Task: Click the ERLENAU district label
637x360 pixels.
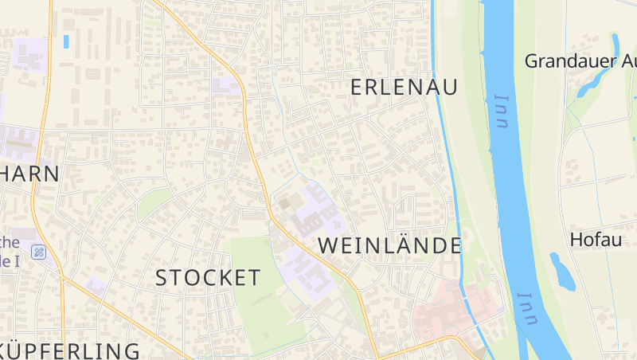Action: [404, 88]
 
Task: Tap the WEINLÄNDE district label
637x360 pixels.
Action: [390, 246]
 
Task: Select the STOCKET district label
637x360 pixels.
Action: [208, 278]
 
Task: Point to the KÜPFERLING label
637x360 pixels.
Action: [72, 350]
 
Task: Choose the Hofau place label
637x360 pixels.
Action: [596, 239]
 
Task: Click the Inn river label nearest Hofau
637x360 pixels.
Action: [526, 309]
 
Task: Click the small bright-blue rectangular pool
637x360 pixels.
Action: [66, 41]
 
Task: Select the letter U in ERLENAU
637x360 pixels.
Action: [450, 88]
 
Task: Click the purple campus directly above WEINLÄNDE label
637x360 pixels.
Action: [315, 211]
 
